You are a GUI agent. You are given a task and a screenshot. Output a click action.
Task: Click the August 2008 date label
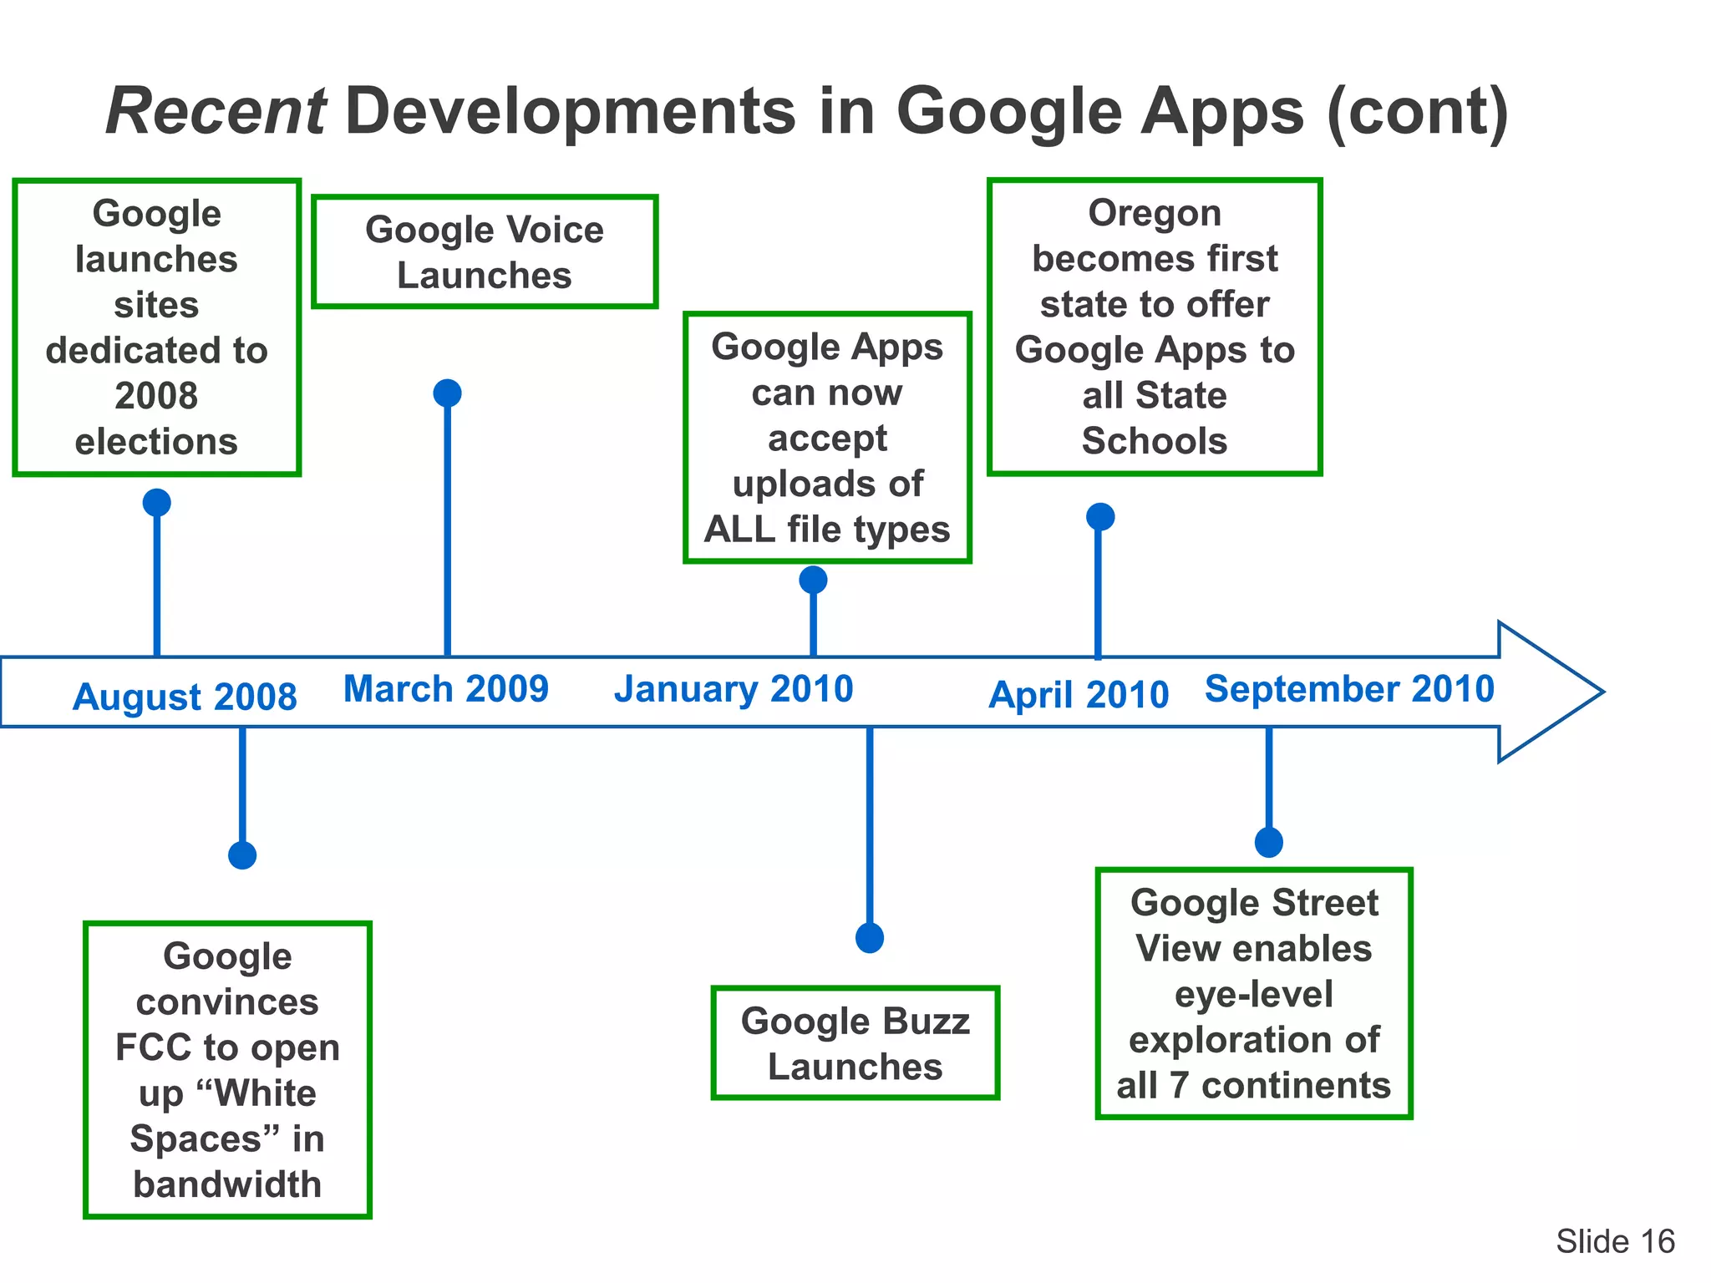click(x=185, y=697)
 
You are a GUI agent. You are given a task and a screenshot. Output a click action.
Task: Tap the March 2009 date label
click(x=446, y=689)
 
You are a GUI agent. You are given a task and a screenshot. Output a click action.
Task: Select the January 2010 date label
click(x=734, y=689)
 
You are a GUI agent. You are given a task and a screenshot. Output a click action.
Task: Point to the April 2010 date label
click(x=1079, y=695)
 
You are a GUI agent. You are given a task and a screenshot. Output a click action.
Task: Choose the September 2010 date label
click(x=1349, y=689)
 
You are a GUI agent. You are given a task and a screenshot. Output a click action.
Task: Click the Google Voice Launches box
click(x=485, y=252)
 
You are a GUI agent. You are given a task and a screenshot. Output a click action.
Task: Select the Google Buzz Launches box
click(x=855, y=1043)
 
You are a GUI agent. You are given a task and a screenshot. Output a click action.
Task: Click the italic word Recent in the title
click(x=216, y=111)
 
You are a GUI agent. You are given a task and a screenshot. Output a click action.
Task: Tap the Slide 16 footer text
click(x=1615, y=1241)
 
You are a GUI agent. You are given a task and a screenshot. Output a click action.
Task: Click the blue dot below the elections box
click(x=157, y=503)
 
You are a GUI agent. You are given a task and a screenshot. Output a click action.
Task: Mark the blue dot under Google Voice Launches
click(x=448, y=393)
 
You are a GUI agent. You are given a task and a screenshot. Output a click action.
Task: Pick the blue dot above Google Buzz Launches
click(x=870, y=938)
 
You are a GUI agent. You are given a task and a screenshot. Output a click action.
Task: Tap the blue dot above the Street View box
click(x=1269, y=842)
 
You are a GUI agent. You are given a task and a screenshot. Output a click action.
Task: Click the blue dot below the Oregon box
click(x=1100, y=516)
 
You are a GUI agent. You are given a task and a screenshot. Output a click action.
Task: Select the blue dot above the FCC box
click(x=242, y=855)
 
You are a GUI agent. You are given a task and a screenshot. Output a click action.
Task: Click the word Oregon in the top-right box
click(x=1154, y=213)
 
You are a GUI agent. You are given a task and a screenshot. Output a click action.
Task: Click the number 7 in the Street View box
click(x=1178, y=1086)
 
